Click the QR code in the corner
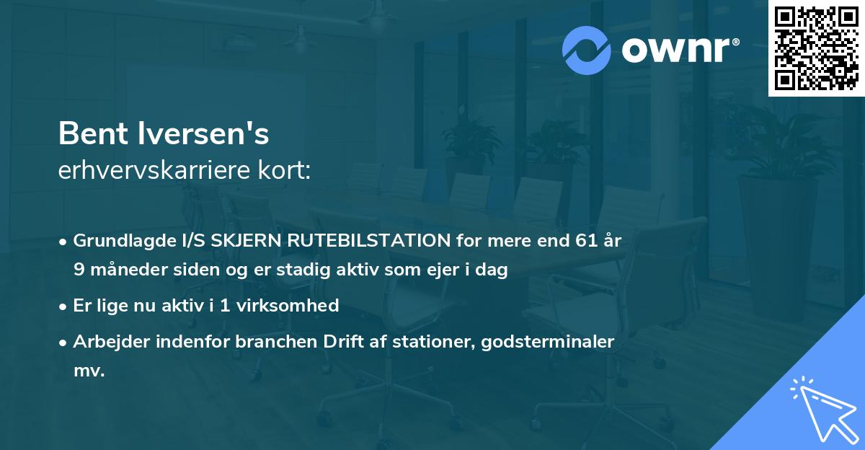click(x=815, y=48)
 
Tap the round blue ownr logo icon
click(x=587, y=50)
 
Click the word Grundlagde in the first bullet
click(x=117, y=240)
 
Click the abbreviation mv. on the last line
click(x=89, y=371)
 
